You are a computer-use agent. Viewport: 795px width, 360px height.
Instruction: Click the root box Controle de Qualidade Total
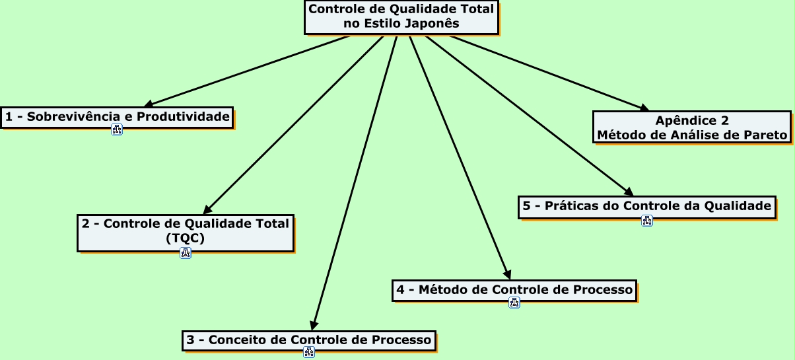point(401,17)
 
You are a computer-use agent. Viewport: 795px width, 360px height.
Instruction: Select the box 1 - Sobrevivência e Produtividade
point(117,118)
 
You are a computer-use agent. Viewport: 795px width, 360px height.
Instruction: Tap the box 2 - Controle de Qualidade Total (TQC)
point(185,232)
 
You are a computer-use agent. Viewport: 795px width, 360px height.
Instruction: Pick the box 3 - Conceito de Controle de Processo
point(308,340)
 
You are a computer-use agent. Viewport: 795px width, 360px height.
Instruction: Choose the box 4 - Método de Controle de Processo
point(514,290)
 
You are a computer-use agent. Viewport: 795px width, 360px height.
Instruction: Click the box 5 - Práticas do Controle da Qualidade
point(646,206)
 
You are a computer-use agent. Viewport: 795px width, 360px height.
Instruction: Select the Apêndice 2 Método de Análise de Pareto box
point(692,127)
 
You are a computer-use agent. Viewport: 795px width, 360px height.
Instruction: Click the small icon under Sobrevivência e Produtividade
point(117,129)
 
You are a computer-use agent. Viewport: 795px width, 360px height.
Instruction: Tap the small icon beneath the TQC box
point(186,252)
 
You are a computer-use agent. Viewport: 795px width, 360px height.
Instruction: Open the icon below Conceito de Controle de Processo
point(308,353)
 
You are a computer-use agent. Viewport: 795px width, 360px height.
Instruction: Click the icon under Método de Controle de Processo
point(514,303)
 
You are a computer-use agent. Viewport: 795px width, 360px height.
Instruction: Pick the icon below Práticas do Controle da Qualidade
point(647,221)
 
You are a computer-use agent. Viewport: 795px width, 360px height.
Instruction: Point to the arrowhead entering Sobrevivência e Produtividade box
point(149,104)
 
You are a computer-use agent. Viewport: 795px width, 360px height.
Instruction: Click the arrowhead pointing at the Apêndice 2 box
point(642,108)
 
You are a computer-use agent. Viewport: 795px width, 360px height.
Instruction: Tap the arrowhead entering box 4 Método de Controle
point(506,273)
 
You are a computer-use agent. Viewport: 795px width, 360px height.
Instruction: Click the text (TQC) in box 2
point(185,239)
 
